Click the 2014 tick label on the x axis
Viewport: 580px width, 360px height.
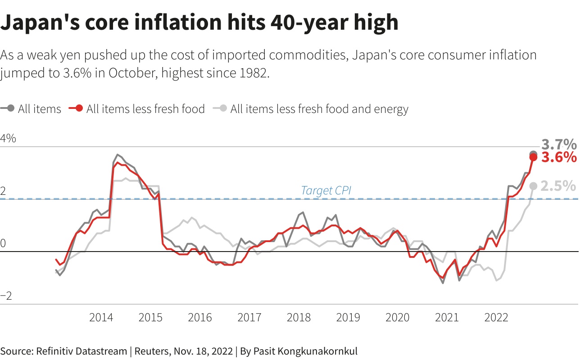point(101,317)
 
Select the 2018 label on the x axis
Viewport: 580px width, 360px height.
point(299,317)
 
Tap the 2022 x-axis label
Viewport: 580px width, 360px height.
point(496,317)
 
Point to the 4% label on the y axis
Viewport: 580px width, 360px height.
point(8,139)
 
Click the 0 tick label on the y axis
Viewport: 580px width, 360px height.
point(4,243)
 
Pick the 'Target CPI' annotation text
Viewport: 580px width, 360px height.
point(326,190)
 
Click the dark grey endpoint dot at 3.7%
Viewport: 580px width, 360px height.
point(533,154)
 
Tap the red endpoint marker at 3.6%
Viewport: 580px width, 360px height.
point(533,157)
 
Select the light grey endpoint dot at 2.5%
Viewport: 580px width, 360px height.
point(533,186)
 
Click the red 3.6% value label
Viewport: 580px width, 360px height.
point(558,157)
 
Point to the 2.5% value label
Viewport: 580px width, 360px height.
point(558,186)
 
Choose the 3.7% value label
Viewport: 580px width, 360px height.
point(558,144)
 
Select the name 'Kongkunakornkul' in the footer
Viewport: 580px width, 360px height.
point(314,351)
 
